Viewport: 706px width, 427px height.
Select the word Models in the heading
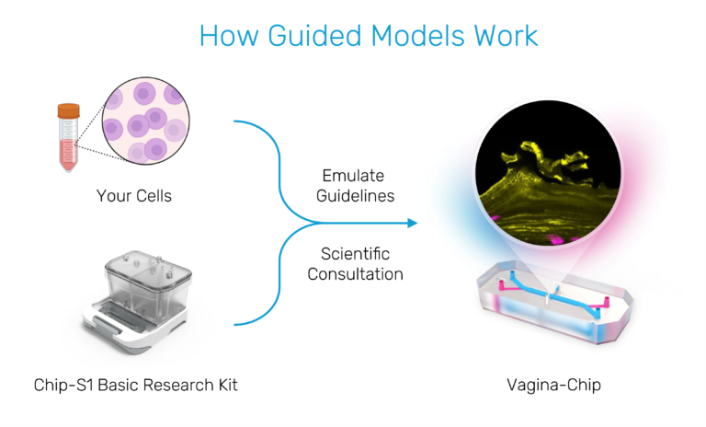pyautogui.click(x=417, y=35)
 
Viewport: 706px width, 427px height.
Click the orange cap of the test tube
pyautogui.click(x=68, y=111)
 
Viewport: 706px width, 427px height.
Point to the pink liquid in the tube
pyautogui.click(x=68, y=155)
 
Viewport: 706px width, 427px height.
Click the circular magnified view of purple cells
pyautogui.click(x=146, y=121)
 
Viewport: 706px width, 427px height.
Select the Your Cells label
pyautogui.click(x=134, y=196)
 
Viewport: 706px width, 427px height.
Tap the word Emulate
pyautogui.click(x=353, y=176)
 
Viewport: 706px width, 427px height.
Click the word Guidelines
pyautogui.click(x=355, y=196)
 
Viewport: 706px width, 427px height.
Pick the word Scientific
pyautogui.click(x=355, y=254)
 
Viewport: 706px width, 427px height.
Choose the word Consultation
pyautogui.click(x=355, y=274)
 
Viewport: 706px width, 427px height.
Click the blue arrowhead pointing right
pyautogui.click(x=413, y=223)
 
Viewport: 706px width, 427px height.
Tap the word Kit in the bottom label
pyautogui.click(x=228, y=385)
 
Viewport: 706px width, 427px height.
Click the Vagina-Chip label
pyautogui.click(x=553, y=385)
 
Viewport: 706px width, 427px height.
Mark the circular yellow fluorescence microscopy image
pyautogui.click(x=549, y=173)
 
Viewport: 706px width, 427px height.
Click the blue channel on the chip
pyautogui.click(x=554, y=294)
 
